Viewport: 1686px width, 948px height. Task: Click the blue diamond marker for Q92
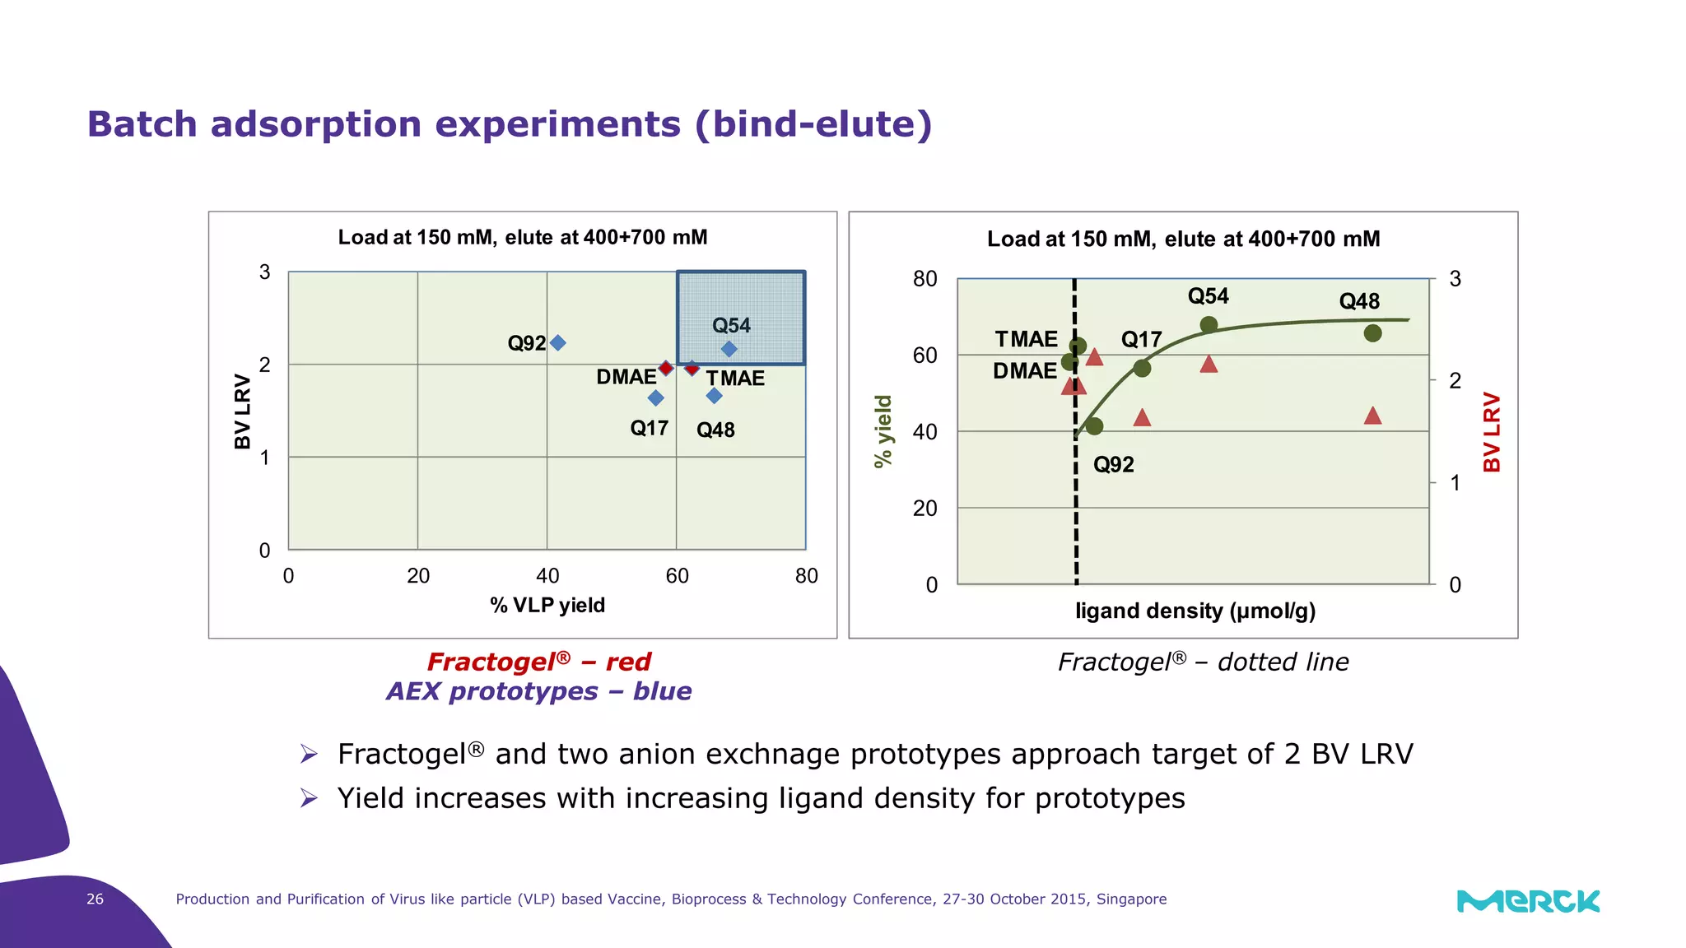pos(557,342)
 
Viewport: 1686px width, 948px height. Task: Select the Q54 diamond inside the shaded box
pos(729,349)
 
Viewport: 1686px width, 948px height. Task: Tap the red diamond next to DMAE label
pos(666,368)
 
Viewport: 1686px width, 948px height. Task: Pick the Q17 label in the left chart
pos(649,428)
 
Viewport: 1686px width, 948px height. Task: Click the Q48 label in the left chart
pos(715,430)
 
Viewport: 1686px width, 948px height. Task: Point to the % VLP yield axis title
pos(547,605)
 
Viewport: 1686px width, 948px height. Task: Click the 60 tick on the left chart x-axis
pos(677,575)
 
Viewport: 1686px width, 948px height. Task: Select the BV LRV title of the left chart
pos(242,411)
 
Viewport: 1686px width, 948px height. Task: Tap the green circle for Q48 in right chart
pos(1372,333)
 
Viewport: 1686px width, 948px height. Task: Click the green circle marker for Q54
pos(1209,324)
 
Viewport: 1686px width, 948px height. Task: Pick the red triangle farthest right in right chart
pos(1372,416)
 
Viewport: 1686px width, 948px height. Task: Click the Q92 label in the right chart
pos(1113,465)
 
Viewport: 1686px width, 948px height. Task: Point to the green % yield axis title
pos(883,431)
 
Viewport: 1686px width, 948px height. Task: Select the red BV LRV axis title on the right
pos(1492,431)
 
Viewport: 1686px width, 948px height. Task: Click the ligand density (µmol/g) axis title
pos(1195,611)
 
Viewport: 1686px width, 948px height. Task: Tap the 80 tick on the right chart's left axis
pos(925,279)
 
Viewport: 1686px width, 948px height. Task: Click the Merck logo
pos(1528,900)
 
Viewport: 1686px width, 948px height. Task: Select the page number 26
pos(95,899)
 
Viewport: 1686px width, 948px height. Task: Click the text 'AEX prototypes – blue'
pos(538,691)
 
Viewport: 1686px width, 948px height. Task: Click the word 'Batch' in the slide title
pos(142,124)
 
